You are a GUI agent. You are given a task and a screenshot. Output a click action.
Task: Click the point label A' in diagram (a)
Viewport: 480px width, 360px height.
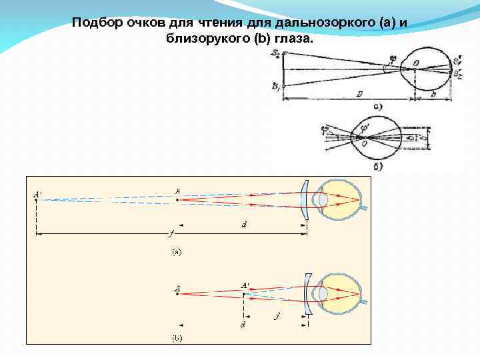(x=39, y=195)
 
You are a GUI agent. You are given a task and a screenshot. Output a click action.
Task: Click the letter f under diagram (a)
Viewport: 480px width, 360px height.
(x=171, y=234)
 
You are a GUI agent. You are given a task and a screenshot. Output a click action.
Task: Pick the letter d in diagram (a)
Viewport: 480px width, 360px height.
(x=244, y=226)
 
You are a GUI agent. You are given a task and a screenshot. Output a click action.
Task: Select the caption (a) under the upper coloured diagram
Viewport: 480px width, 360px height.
(x=176, y=253)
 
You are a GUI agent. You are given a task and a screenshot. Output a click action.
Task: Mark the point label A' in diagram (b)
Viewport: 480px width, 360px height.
(x=246, y=285)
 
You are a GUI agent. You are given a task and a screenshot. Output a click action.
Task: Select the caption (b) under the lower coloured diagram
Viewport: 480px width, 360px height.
(x=176, y=338)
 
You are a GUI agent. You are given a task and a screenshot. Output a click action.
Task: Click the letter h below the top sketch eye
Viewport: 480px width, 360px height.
(x=435, y=95)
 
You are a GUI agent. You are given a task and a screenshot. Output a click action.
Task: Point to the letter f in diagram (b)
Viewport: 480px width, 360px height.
(x=277, y=316)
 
